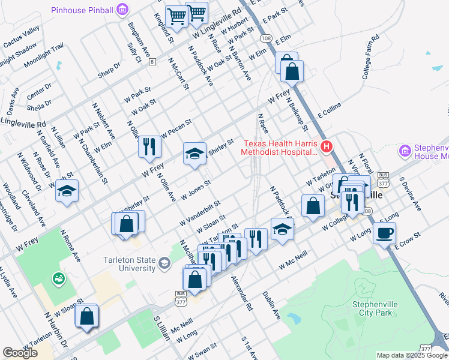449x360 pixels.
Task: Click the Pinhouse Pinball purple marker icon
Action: coord(123,10)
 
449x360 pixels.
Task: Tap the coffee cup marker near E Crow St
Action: coord(384,233)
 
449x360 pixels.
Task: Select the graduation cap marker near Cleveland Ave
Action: coord(67,191)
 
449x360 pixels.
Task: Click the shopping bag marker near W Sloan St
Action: coord(86,315)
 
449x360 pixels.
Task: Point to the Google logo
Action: coord(20,353)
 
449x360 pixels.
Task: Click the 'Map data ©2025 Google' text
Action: coord(411,355)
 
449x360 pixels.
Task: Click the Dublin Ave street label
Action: coord(271,304)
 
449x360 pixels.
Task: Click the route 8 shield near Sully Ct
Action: coord(153,61)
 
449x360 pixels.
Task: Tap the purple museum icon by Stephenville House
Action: coord(406,151)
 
